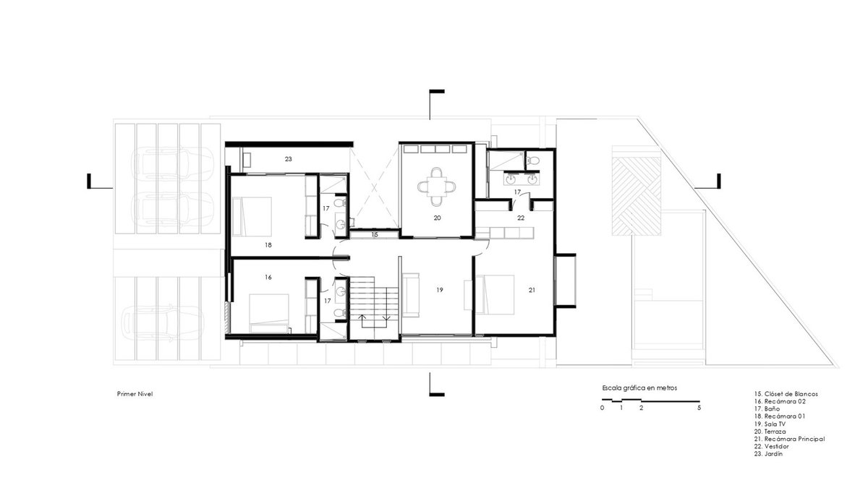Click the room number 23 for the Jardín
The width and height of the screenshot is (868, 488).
pyautogui.click(x=289, y=159)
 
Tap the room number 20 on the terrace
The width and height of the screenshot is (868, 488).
pyautogui.click(x=437, y=218)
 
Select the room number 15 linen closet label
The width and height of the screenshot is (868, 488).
pyautogui.click(x=375, y=235)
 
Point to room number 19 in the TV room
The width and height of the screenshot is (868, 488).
pyautogui.click(x=440, y=290)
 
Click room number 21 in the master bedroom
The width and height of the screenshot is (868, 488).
pyautogui.click(x=532, y=290)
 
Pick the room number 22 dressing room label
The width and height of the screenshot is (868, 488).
pyautogui.click(x=521, y=218)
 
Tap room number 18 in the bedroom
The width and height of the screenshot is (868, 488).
pyautogui.click(x=268, y=245)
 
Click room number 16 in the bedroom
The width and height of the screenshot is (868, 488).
pyautogui.click(x=268, y=278)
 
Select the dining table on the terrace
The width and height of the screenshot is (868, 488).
pyautogui.click(x=436, y=187)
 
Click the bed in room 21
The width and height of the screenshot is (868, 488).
pyautogui.click(x=495, y=294)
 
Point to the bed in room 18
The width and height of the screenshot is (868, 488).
pyautogui.click(x=252, y=216)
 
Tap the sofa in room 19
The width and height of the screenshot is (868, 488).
pyautogui.click(x=410, y=295)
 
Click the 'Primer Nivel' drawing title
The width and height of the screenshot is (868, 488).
pyautogui.click(x=135, y=394)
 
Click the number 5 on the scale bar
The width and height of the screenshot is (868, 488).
pyautogui.click(x=699, y=408)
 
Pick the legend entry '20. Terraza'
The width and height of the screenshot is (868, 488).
pyautogui.click(x=770, y=432)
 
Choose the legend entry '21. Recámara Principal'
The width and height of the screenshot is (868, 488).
pyautogui.click(x=789, y=439)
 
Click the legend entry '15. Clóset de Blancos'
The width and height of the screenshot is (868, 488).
pyautogui.click(x=786, y=394)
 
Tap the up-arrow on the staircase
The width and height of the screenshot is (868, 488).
pyautogui.click(x=362, y=322)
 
